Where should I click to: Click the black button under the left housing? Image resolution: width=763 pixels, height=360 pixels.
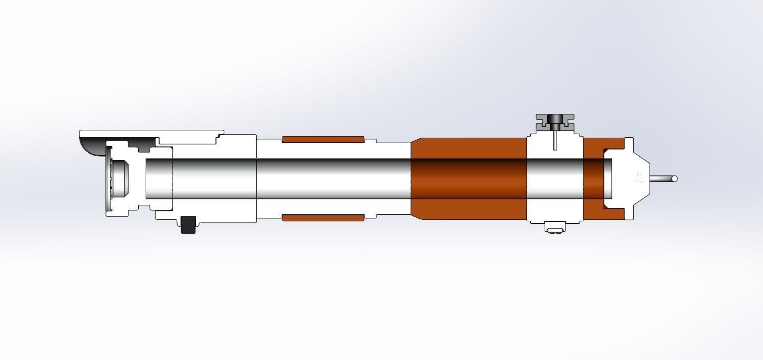[x=188, y=225]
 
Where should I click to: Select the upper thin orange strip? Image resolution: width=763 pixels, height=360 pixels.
[x=323, y=139]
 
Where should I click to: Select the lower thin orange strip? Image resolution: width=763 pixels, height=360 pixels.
[x=323, y=218]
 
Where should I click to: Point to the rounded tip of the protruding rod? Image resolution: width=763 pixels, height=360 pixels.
[x=674, y=179]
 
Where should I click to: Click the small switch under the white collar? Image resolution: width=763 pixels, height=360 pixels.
[x=554, y=228]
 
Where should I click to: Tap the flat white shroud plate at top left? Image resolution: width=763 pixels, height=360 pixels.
[x=149, y=133]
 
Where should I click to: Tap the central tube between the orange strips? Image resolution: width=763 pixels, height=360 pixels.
[x=323, y=179]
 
